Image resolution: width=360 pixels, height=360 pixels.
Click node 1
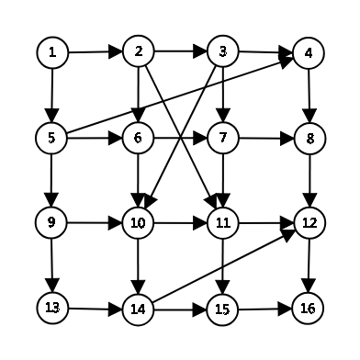[x=52, y=52]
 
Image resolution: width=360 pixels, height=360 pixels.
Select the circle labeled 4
[x=309, y=52]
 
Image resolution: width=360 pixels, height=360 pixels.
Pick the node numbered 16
[x=309, y=307]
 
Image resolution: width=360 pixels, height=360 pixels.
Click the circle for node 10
[x=138, y=221]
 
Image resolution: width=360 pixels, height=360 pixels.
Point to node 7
[x=222, y=138]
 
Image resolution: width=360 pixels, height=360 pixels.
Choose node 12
[x=309, y=221]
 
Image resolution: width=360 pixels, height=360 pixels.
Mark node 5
[x=52, y=138]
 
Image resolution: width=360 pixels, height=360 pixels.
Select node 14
[x=138, y=309]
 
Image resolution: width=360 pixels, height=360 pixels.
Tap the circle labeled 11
[x=222, y=221]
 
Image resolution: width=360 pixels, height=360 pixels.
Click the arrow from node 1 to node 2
[x=95, y=51]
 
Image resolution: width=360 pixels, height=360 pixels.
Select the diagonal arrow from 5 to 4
[x=180, y=95]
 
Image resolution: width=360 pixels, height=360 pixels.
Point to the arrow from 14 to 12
[x=223, y=265]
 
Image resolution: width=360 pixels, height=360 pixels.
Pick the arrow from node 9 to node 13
[x=52, y=264]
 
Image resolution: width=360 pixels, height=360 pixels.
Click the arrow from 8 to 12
[x=309, y=180]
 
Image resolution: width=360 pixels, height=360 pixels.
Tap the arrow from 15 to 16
[x=265, y=308]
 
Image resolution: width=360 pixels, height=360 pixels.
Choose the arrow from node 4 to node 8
[x=309, y=95]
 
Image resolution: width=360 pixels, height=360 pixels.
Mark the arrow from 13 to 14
[x=95, y=308]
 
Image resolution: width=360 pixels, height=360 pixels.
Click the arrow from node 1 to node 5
[x=52, y=95]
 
